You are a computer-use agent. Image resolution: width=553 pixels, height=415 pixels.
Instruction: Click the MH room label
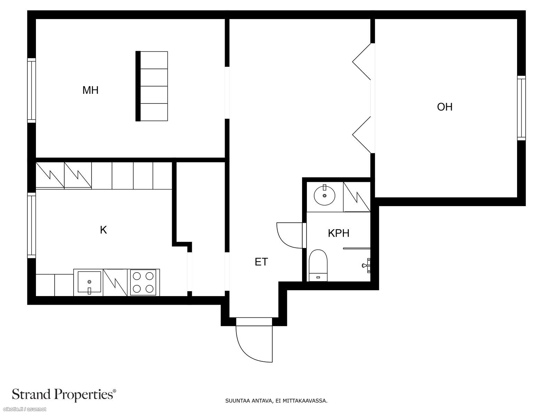91,90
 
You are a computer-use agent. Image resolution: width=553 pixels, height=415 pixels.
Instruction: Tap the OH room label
445,107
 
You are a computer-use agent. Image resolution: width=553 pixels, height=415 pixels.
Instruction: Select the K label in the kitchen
103,230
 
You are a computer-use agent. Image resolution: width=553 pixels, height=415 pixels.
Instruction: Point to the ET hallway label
261,262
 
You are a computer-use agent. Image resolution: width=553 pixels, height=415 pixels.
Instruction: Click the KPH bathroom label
339,233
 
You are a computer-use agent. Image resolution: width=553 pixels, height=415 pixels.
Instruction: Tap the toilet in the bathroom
318,265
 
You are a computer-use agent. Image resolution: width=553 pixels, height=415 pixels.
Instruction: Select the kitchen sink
89,282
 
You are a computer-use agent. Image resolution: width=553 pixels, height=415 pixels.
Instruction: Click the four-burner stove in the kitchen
143,282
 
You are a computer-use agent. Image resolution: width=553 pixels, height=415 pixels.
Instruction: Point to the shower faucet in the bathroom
367,265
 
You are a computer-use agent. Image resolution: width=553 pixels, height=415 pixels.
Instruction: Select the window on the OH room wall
522,108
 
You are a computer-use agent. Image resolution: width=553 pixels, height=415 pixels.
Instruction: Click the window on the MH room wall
31,90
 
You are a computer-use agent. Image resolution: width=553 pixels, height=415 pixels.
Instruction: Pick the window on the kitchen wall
31,225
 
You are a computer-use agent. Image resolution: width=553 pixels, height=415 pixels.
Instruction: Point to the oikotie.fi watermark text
23,409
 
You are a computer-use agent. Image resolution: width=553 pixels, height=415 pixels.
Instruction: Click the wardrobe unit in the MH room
152,86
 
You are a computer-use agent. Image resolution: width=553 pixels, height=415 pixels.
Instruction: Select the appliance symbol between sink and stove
115,282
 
